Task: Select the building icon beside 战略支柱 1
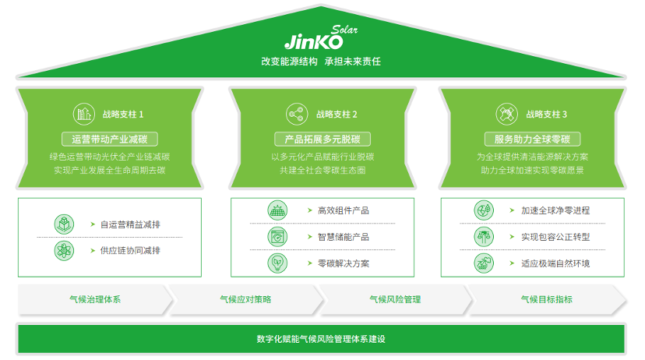click(x=83, y=114)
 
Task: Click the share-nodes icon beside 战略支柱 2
click(x=295, y=114)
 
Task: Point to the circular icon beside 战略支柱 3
click(x=506, y=114)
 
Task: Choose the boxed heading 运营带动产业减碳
click(x=109, y=139)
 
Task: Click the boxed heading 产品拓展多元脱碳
click(x=322, y=139)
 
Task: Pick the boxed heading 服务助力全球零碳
click(x=533, y=139)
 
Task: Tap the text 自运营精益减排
click(x=131, y=224)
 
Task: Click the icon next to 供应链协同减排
click(x=64, y=250)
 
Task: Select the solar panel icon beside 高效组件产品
click(x=277, y=210)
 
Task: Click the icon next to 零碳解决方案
click(x=277, y=263)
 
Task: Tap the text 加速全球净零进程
click(x=555, y=210)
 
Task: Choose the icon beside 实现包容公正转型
click(x=484, y=237)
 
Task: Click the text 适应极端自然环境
click(x=555, y=263)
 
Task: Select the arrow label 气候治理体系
click(x=95, y=299)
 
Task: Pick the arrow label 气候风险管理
click(x=395, y=299)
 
